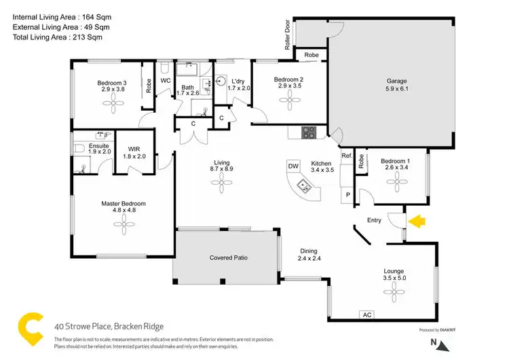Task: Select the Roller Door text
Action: click(x=288, y=35)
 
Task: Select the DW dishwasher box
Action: click(x=293, y=166)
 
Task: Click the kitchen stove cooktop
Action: click(x=307, y=132)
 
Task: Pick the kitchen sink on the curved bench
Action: click(x=304, y=185)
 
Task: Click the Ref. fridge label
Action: click(x=346, y=157)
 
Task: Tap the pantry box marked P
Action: click(x=348, y=195)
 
